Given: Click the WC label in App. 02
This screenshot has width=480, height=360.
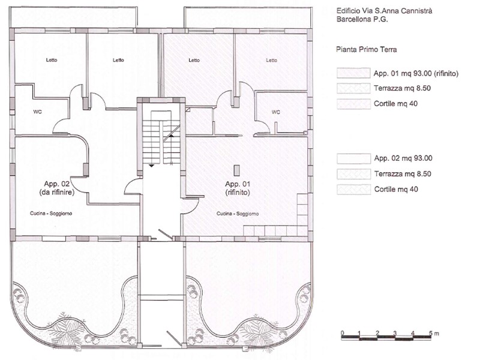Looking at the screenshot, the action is [x=37, y=112].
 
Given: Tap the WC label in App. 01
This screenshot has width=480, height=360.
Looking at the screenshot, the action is [x=275, y=112].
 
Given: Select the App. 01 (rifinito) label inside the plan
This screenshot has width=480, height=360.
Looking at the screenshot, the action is [x=238, y=188].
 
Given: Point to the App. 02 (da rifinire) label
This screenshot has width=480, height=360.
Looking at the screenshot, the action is [x=57, y=188].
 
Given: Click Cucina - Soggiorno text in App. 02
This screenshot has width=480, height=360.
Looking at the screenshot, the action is [x=51, y=214].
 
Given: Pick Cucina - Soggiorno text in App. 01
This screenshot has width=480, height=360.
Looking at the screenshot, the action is [x=238, y=214].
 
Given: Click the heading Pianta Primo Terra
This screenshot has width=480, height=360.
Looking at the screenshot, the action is [x=367, y=50].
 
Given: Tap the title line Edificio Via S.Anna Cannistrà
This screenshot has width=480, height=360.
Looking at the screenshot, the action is [x=384, y=11].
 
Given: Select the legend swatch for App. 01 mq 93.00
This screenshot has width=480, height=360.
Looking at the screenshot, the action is [x=353, y=73].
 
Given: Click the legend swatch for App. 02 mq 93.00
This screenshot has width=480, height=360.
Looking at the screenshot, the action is [x=353, y=158].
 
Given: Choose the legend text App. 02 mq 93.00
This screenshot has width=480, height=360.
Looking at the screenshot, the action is [x=403, y=158].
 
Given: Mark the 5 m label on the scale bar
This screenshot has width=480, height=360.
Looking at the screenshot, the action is [x=433, y=333].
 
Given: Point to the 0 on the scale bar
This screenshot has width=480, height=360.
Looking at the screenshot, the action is [x=342, y=333].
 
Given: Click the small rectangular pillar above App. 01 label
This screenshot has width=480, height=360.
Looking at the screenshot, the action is [x=236, y=170].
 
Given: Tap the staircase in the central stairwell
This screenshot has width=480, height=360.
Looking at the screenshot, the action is [x=161, y=137].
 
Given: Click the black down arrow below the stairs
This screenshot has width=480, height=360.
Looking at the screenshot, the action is [x=151, y=166].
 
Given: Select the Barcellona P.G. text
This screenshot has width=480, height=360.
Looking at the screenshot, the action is [x=362, y=19].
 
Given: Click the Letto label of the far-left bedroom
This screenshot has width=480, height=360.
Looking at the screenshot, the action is [x=52, y=60].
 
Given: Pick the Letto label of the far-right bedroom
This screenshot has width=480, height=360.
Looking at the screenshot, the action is [x=272, y=61].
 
